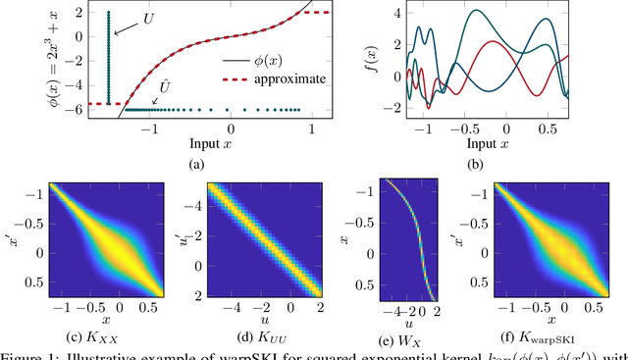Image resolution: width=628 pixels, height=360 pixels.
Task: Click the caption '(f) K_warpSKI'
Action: (533, 339)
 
